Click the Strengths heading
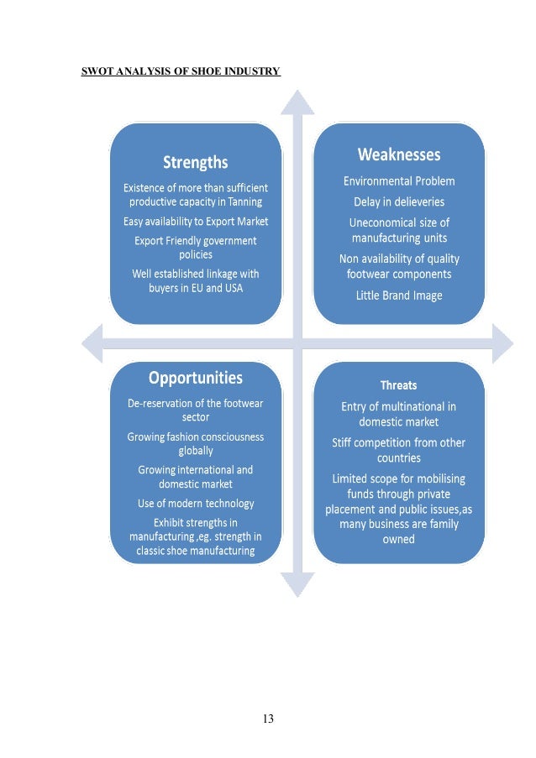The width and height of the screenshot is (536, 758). click(195, 162)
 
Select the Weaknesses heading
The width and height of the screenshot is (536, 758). click(399, 154)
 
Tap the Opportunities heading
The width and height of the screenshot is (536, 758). click(195, 378)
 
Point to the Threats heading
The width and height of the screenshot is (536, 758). click(398, 385)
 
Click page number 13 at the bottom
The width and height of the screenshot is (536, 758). click(268, 718)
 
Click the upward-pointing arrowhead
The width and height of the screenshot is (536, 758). click(297, 102)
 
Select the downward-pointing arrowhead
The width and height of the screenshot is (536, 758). click(297, 584)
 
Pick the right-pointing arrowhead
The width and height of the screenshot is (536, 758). click(502, 343)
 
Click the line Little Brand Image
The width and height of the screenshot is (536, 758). click(399, 295)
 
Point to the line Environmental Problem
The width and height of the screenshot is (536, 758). click(399, 180)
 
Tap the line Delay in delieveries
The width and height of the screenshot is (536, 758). click(399, 201)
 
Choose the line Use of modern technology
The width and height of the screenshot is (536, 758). click(195, 504)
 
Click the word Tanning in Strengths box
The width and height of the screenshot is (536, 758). click(244, 201)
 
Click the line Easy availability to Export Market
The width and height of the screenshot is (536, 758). click(195, 221)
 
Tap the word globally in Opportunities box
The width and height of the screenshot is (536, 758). click(195, 451)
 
